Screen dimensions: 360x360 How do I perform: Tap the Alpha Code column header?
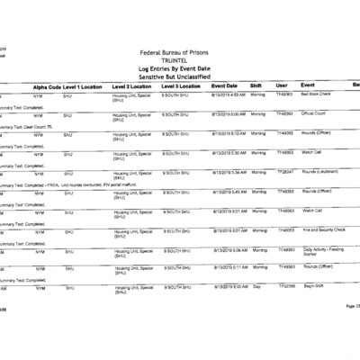pyautogui.click(x=47, y=85)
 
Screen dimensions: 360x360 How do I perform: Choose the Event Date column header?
pyautogui.click(x=224, y=85)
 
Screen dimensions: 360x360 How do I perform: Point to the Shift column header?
pyautogui.click(x=256, y=85)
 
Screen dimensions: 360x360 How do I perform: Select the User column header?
pyautogui.click(x=282, y=85)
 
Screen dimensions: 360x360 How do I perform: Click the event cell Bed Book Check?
pyautogui.click(x=316, y=94)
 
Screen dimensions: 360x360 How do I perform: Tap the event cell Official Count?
pyautogui.click(x=314, y=113)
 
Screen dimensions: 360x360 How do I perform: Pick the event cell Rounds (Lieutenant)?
pyautogui.click(x=319, y=171)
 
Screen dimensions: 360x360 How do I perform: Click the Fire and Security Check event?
pyautogui.click(x=323, y=229)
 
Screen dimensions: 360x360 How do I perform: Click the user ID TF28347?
pyautogui.click(x=285, y=171)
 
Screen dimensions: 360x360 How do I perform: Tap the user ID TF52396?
pyautogui.click(x=285, y=287)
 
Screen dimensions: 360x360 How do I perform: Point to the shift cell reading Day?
pyautogui.click(x=256, y=287)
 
